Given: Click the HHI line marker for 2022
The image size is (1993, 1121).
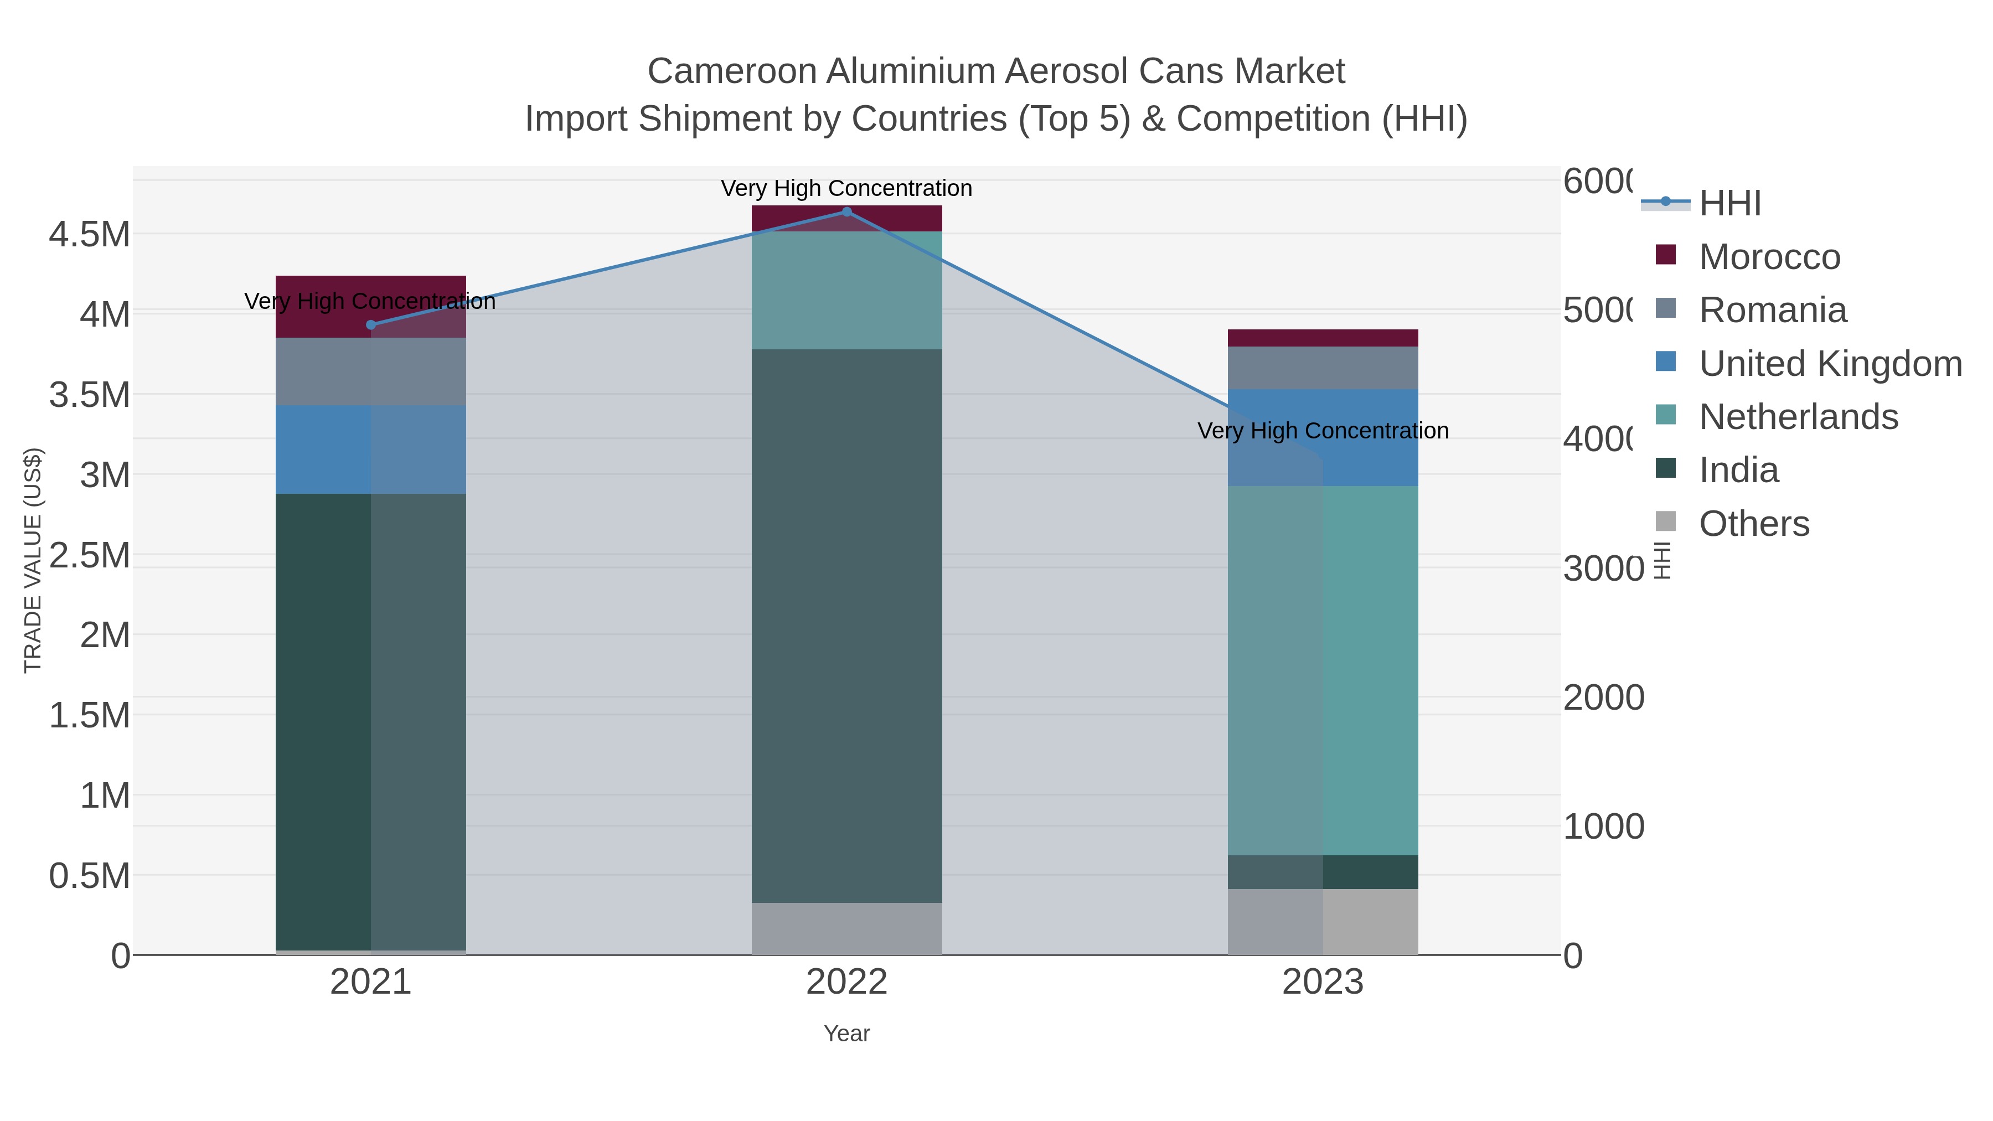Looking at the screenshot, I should (846, 212).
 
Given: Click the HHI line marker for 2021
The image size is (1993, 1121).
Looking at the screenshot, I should (370, 325).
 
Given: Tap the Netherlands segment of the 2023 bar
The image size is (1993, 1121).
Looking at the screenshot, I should (1323, 670).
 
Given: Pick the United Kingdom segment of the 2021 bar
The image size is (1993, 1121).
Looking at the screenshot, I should (370, 450).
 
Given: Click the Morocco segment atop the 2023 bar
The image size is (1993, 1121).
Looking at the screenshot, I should (1323, 338).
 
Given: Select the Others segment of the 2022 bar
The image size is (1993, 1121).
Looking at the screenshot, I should (846, 928).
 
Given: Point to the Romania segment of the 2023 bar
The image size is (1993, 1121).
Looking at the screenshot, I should (1323, 368).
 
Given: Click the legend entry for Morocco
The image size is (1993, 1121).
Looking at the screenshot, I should (1769, 257).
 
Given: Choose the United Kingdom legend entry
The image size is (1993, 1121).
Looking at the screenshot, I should (1830, 364).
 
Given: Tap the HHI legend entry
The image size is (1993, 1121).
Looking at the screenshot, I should (1730, 204).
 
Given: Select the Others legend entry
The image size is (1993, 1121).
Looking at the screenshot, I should (1753, 524).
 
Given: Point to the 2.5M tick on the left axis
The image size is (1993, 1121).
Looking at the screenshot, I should (89, 555).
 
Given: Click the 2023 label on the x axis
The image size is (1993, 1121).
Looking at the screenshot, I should (1323, 983).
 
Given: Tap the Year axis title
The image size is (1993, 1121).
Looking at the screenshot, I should (846, 1034).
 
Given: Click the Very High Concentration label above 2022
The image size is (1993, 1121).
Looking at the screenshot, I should (846, 188).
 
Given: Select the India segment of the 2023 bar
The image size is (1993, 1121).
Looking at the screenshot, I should (1323, 872).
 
